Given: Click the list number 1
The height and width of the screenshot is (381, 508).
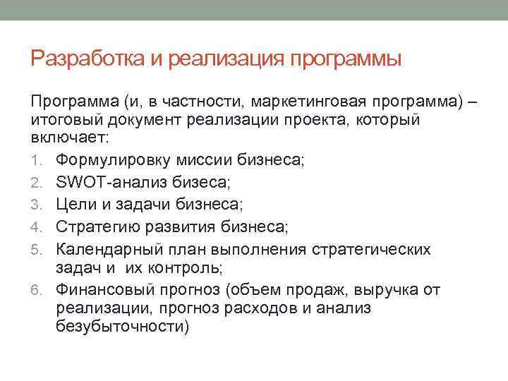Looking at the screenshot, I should tap(36, 161).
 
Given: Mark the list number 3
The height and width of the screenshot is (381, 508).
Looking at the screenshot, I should tap(36, 205).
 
